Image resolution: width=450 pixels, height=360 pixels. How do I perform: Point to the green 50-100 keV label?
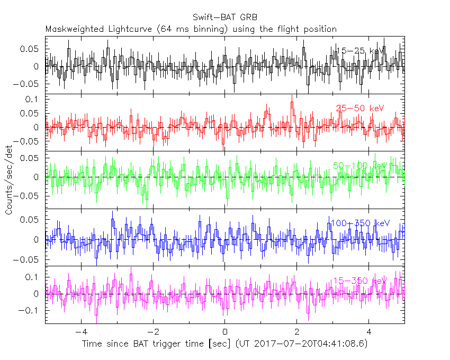click(x=360, y=166)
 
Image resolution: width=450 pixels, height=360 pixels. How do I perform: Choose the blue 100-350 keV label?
click(x=360, y=223)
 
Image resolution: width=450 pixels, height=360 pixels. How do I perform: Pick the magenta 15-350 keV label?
click(x=360, y=281)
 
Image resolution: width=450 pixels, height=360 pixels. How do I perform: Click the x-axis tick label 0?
click(x=225, y=332)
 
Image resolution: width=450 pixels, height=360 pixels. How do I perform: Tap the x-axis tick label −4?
click(x=79, y=332)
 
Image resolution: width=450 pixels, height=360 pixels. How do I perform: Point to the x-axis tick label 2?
click(x=297, y=332)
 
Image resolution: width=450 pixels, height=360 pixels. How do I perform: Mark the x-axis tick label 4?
click(x=369, y=332)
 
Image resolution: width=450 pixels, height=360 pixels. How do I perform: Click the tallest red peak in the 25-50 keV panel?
click(x=292, y=103)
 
